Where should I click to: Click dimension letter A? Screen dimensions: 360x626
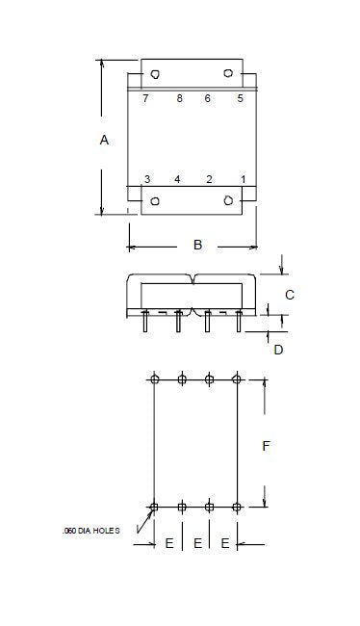[104, 141]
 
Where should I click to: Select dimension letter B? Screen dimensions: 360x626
[197, 245]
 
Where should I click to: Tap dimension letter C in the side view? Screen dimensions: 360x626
[290, 295]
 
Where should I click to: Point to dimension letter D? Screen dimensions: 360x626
[278, 350]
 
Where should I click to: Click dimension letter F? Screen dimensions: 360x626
[267, 446]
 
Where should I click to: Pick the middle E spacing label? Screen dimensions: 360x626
[197, 543]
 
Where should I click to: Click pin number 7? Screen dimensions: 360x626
[145, 98]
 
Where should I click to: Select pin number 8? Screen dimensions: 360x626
[180, 98]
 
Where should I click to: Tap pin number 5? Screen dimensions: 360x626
[240, 98]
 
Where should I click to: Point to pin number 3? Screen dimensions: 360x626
[147, 179]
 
